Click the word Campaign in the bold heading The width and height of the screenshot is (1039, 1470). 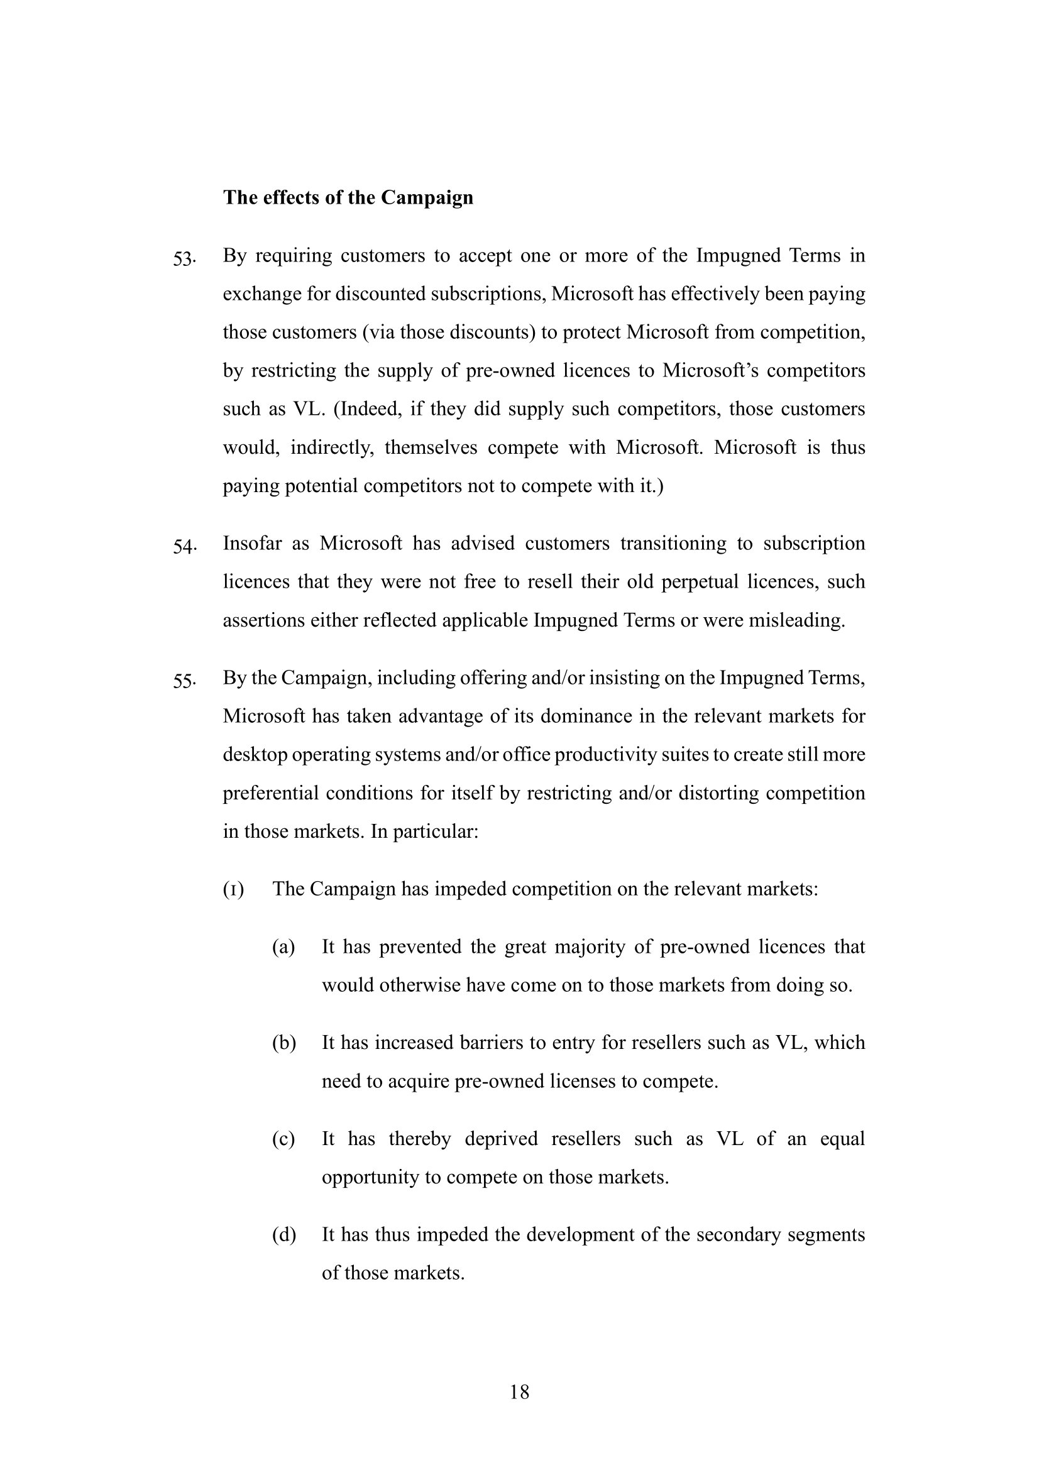point(427,198)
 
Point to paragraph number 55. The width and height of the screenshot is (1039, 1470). point(184,681)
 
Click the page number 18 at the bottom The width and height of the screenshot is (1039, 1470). point(519,1392)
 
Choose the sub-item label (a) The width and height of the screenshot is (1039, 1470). point(283,947)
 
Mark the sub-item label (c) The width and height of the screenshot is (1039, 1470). point(283,1139)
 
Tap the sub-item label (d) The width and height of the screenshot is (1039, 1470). point(283,1235)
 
